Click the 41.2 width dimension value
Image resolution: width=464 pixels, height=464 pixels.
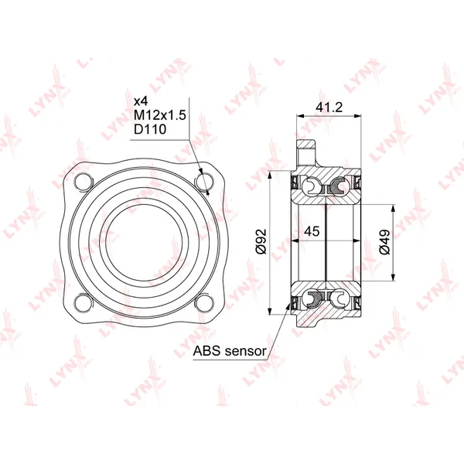click(x=329, y=107)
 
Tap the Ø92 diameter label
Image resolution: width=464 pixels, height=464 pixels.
click(x=261, y=241)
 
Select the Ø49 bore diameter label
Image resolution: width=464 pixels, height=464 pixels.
click(x=384, y=242)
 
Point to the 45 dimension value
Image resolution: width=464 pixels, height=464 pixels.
click(x=312, y=230)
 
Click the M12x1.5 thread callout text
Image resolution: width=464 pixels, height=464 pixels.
click(x=160, y=115)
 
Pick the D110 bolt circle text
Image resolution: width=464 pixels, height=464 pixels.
click(x=150, y=129)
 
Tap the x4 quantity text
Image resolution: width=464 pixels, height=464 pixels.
click(x=141, y=101)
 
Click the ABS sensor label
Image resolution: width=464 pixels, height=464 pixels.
click(x=230, y=351)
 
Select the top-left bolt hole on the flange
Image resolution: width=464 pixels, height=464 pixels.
click(x=84, y=182)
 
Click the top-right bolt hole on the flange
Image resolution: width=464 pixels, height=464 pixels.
click(x=204, y=182)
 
